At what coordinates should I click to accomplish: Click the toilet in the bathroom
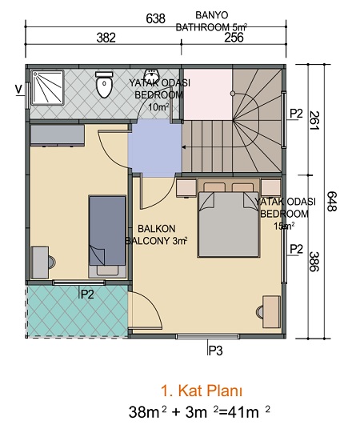(104, 84)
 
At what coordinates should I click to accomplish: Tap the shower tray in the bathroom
(47, 87)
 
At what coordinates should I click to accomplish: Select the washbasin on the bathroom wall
(151, 75)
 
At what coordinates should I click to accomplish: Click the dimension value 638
(156, 19)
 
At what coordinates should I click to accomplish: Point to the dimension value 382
(106, 38)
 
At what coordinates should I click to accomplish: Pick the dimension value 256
(234, 37)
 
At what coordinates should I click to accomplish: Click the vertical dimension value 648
(332, 201)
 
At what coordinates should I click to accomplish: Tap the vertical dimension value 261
(314, 121)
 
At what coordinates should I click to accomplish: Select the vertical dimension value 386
(314, 262)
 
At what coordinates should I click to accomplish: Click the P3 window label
(215, 351)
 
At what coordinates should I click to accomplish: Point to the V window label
(19, 90)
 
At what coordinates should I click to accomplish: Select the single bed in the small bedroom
(107, 236)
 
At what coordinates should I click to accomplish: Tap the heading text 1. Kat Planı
(202, 391)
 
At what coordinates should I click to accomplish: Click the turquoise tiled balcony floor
(78, 311)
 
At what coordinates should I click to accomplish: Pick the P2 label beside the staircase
(297, 114)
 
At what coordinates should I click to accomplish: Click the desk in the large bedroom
(271, 311)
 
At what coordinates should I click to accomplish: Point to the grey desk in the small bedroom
(40, 263)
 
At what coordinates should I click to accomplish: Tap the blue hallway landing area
(155, 148)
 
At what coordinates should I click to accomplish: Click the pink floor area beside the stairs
(208, 94)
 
